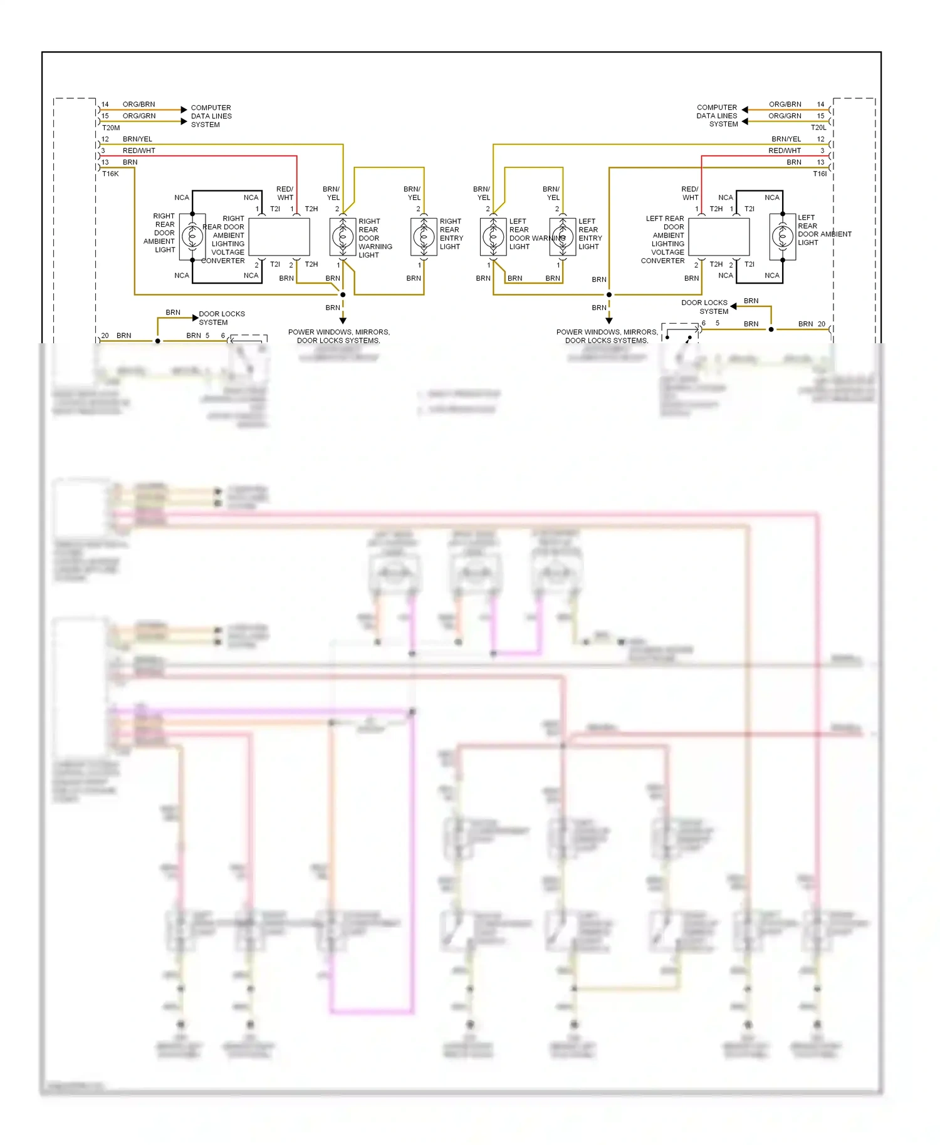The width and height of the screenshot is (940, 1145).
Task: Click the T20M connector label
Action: tap(110, 128)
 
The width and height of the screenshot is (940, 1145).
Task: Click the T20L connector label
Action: tap(818, 128)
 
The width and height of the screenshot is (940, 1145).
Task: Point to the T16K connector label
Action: tap(110, 174)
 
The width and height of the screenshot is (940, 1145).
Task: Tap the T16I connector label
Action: tap(820, 174)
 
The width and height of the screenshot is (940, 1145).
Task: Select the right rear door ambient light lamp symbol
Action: tap(192, 237)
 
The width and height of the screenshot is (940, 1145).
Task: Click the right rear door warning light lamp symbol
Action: tap(343, 237)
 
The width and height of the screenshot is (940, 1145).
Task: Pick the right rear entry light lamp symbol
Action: tap(424, 237)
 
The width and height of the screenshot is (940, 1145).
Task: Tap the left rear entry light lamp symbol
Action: tap(563, 237)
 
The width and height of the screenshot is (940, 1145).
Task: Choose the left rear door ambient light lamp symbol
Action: tap(783, 237)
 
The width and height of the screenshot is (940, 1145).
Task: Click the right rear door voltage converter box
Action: tap(279, 237)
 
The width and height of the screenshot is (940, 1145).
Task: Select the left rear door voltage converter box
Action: tap(719, 237)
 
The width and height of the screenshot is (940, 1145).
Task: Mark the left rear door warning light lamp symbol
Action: tap(493, 237)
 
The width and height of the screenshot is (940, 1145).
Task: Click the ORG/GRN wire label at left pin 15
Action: tap(139, 116)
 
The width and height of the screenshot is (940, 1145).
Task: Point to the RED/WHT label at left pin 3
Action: tap(139, 151)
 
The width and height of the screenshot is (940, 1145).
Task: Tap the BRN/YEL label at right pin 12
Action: tap(786, 139)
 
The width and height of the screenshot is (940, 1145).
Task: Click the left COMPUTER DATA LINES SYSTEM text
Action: tap(211, 116)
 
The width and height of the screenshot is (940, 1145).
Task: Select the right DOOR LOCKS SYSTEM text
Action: tap(705, 307)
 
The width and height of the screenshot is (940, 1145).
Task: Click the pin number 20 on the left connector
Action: tap(105, 336)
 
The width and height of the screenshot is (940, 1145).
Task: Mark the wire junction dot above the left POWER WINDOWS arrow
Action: tap(343, 294)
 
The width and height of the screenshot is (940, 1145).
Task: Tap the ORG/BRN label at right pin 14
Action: tap(785, 105)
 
